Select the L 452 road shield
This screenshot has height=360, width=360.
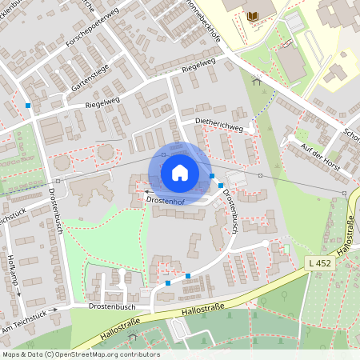pos(318,262)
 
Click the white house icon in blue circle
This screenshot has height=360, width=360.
pos(179,173)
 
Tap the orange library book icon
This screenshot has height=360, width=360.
pos(254,16)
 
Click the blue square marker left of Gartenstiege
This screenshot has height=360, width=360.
pos(28,105)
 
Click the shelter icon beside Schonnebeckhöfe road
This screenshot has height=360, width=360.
pos(256,79)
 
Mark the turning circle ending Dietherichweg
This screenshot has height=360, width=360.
pos(253,126)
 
